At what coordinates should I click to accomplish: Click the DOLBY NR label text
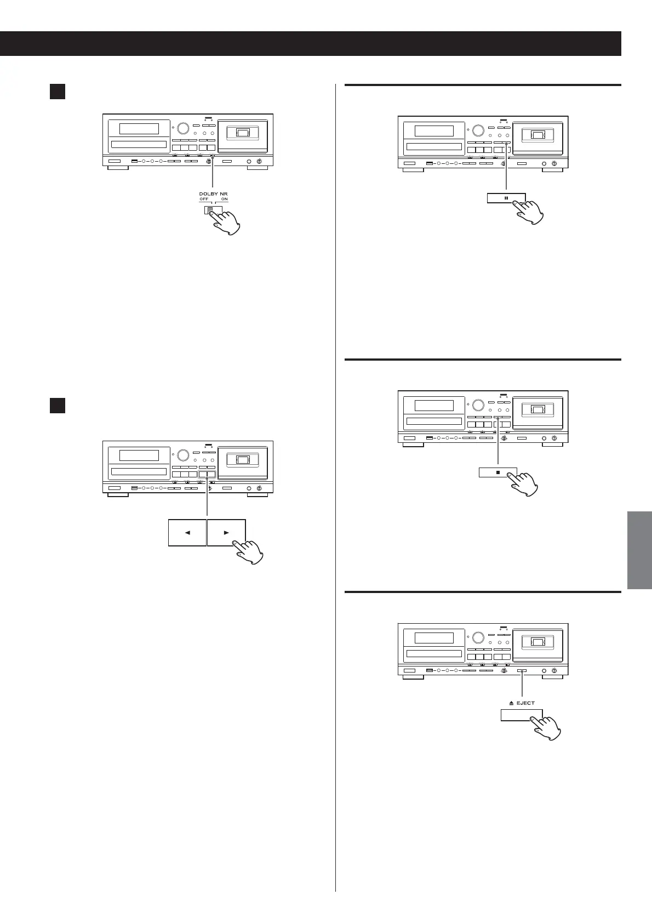click(x=213, y=193)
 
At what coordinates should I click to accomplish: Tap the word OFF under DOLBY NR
click(x=204, y=200)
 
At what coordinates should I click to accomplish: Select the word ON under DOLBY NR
click(x=225, y=200)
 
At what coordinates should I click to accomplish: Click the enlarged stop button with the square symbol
click(x=497, y=471)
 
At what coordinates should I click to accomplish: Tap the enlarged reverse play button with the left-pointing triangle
click(x=187, y=532)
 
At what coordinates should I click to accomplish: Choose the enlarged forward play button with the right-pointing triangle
click(x=226, y=532)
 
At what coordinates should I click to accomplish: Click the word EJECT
click(x=525, y=703)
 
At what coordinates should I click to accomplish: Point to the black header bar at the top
click(x=310, y=44)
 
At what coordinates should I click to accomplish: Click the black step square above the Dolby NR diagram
click(x=58, y=91)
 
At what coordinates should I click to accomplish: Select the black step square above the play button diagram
click(x=58, y=405)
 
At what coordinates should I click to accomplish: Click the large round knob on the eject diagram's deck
click(x=478, y=637)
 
